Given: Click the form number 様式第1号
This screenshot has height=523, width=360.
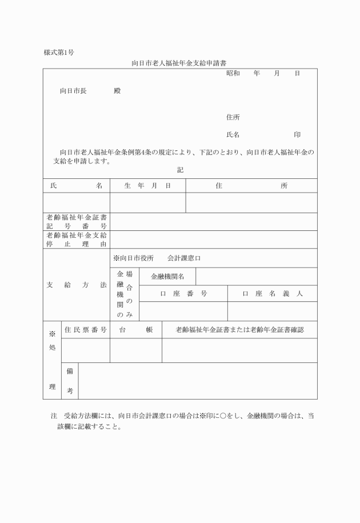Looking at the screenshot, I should [59, 53].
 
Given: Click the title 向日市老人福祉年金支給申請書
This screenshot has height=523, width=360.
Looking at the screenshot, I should [180, 63].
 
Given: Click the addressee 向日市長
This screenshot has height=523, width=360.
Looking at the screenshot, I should [73, 91].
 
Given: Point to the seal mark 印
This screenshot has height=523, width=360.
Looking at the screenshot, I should [297, 134].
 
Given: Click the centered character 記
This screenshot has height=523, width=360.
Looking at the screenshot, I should [181, 170].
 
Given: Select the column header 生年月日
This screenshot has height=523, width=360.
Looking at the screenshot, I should [147, 186].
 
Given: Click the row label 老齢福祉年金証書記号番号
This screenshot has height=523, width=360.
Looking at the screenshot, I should [77, 222].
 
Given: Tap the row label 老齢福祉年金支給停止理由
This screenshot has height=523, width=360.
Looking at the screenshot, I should [77, 239].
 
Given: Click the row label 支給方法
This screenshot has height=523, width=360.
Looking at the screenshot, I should [77, 284].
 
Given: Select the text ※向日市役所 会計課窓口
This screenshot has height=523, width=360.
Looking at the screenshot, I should [157, 258].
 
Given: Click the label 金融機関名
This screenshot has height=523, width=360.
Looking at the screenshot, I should [167, 277].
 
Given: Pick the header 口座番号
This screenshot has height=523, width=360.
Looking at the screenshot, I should [183, 294].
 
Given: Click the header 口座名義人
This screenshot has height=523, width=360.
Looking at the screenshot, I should [272, 294].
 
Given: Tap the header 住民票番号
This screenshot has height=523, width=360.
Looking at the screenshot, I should [86, 330].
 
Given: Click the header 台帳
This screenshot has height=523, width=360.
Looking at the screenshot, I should [136, 330].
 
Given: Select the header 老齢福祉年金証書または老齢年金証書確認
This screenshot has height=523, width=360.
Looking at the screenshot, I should [239, 330].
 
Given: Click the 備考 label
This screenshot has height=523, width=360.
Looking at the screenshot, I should [70, 381].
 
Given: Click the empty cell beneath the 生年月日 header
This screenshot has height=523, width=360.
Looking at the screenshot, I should [147, 202].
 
